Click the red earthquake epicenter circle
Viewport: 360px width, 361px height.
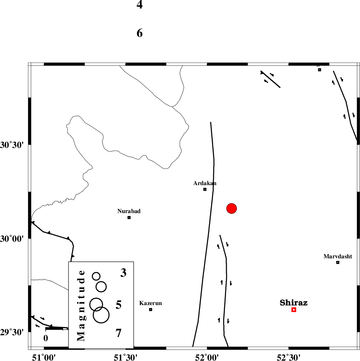click(231, 209)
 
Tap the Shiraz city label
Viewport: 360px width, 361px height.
click(293, 303)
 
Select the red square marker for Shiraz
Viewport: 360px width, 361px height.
click(294, 310)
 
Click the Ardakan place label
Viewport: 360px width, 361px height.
click(205, 183)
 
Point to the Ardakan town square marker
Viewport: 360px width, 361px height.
click(205, 190)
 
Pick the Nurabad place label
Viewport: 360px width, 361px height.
click(129, 211)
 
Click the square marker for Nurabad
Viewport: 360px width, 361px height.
click(129, 217)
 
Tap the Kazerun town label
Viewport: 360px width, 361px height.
click(151, 303)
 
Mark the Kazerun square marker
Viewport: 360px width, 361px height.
click(151, 309)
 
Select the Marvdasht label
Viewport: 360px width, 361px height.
click(338, 256)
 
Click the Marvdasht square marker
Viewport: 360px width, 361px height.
click(338, 262)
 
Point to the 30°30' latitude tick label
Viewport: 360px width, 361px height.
click(12, 145)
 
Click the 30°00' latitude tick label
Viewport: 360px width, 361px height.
click(12, 239)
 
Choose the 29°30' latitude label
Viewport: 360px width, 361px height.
click(12, 332)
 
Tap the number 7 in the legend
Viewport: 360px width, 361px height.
click(118, 333)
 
